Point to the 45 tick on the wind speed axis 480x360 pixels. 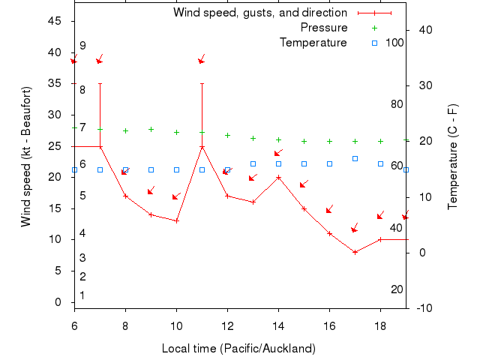(55, 21)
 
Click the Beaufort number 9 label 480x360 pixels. (82, 46)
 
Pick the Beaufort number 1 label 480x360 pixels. (82, 295)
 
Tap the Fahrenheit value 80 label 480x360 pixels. (397, 104)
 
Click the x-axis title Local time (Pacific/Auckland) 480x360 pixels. (238, 349)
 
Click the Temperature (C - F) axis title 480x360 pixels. (453, 157)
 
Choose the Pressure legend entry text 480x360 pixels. (324, 28)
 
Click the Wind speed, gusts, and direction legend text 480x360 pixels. (260, 13)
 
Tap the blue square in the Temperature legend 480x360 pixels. (375, 43)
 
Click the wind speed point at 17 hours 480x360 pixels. (355, 252)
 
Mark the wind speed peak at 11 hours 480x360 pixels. (202, 146)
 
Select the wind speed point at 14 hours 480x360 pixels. (278, 178)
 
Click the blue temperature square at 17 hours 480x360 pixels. (355, 158)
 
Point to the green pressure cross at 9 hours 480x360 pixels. (151, 129)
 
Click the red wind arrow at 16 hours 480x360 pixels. (329, 209)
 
